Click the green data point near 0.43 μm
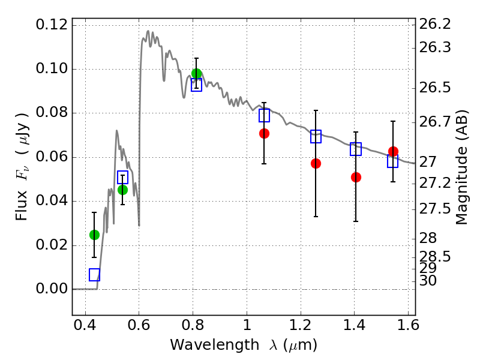[x=94, y=235]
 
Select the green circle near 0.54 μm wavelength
[x=122, y=190]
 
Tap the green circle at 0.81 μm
[x=197, y=73]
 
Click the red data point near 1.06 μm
[x=264, y=133]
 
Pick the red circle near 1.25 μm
[x=316, y=163]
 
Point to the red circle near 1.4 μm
[x=356, y=177]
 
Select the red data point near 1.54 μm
[x=394, y=151]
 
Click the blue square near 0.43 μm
[x=95, y=275]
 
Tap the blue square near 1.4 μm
[x=356, y=149]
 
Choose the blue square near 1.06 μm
[x=264, y=115]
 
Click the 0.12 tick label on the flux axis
[x=52, y=25]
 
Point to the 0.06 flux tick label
[x=52, y=157]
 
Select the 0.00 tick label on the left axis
[x=52, y=289]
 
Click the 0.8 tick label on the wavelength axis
[x=193, y=325]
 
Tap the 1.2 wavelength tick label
[x=301, y=325]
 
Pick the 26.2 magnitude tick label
[x=434, y=24]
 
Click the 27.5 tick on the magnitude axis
[x=434, y=209]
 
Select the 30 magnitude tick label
[x=428, y=281]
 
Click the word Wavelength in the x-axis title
[x=215, y=345]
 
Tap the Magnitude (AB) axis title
[x=462, y=167]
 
